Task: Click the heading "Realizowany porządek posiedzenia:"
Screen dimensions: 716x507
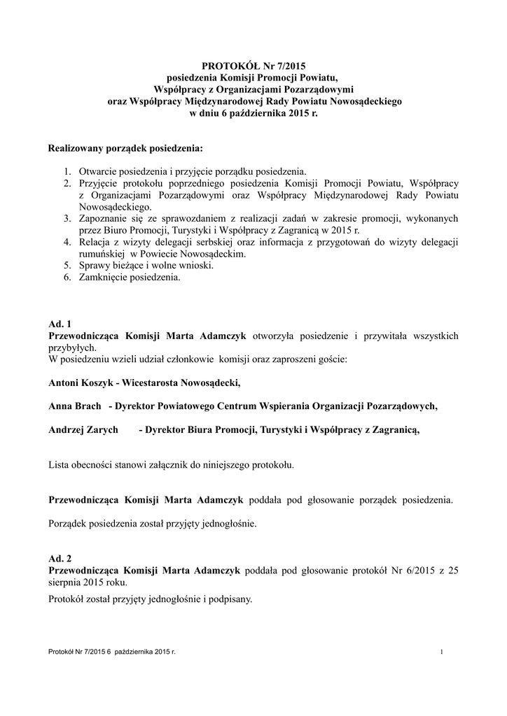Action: pyautogui.click(x=125, y=149)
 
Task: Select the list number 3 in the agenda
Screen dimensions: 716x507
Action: pyautogui.click(x=67, y=219)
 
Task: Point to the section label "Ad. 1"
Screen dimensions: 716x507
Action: pyautogui.click(x=60, y=324)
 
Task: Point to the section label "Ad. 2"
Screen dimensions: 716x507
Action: pyautogui.click(x=60, y=559)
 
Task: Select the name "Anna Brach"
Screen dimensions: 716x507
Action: pyautogui.click(x=74, y=406)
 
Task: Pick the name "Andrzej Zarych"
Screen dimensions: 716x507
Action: pyautogui.click(x=83, y=429)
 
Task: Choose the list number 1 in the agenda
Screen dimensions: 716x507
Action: pyautogui.click(x=67, y=172)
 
